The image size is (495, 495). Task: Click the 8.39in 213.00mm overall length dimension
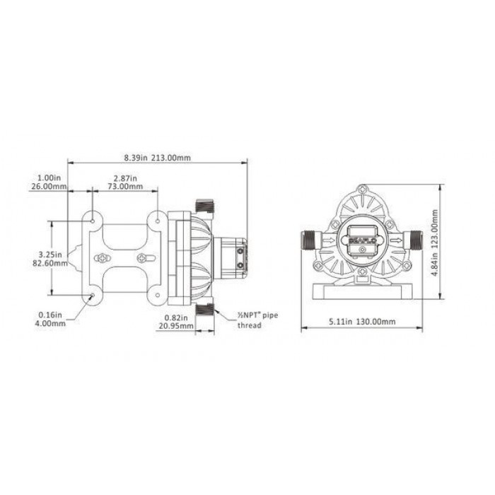point(157,157)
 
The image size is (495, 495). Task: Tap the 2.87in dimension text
point(125,178)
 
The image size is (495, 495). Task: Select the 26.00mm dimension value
point(49,186)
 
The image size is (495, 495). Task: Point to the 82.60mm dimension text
point(50,262)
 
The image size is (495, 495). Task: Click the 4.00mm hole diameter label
point(50,323)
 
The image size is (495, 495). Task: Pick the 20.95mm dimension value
point(176,325)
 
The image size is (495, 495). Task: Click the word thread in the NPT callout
point(250,325)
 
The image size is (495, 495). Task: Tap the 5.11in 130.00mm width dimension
point(362,322)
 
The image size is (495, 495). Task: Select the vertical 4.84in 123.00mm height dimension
point(435,243)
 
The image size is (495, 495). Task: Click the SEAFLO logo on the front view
point(362,240)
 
